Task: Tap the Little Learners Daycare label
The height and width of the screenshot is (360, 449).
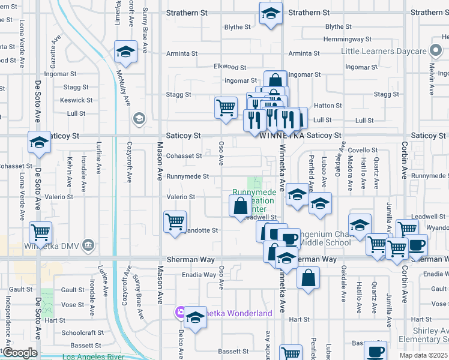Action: point(384,51)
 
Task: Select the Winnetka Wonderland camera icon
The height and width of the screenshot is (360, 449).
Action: point(180,313)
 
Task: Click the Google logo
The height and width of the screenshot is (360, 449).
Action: point(19,353)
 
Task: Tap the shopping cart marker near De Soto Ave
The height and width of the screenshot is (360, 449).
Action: point(40,232)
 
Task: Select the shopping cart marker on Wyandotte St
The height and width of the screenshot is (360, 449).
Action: point(175,221)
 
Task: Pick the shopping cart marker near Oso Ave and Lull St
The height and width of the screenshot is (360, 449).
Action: point(226,108)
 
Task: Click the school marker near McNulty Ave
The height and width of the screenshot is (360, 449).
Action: point(126,52)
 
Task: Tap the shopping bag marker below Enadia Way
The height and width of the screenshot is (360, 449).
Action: point(308,278)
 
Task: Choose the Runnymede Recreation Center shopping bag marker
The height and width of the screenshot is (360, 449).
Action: point(240,206)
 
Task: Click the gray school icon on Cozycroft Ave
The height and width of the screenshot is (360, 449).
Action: point(139,118)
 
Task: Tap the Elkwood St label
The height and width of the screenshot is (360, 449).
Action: point(230,67)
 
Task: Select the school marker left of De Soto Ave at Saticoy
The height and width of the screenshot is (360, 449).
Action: point(40,142)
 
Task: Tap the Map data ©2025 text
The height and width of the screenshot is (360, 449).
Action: point(423,355)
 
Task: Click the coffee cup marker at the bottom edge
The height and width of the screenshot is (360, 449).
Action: point(376,351)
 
